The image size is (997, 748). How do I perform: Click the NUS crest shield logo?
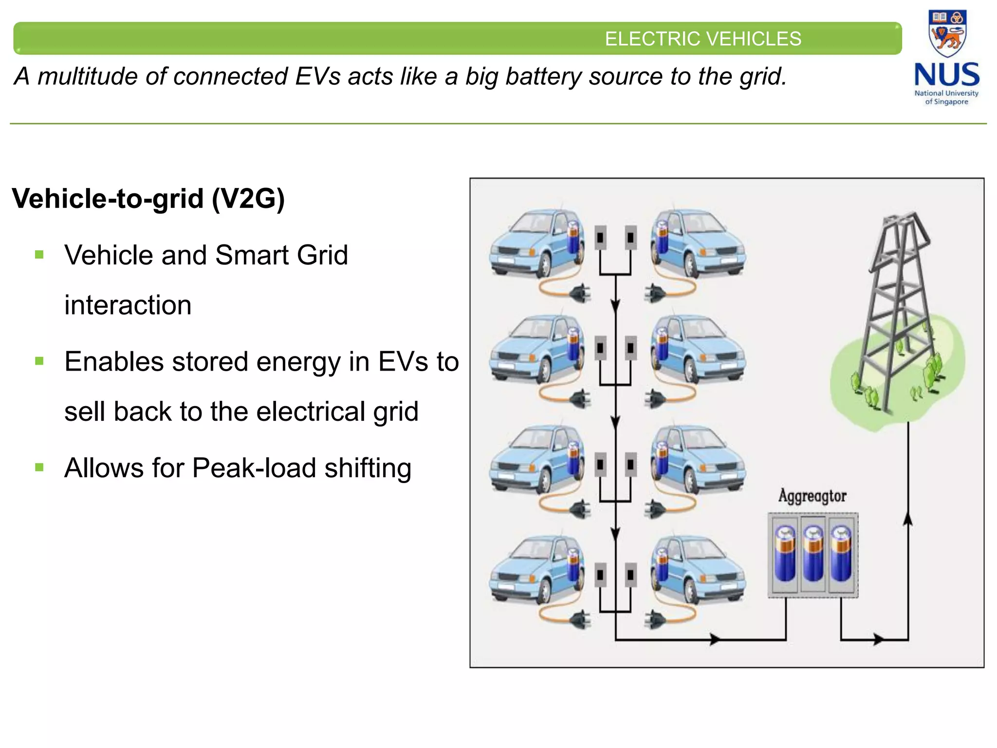[947, 33]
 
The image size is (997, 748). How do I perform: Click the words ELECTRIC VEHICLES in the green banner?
[702, 39]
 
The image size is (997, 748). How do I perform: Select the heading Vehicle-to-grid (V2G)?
[148, 199]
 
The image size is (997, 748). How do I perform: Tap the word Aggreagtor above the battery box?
[812, 496]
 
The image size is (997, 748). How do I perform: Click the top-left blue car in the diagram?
[535, 243]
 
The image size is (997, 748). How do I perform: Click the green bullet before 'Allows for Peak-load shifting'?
[39, 468]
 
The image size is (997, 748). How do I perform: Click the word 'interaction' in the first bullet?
[128, 305]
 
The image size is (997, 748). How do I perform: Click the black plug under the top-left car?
[580, 293]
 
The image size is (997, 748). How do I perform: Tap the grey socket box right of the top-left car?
[601, 238]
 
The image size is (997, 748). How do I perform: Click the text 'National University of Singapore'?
[946, 97]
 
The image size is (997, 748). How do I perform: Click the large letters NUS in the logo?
[947, 75]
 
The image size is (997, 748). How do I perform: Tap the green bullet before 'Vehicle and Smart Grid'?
[39, 255]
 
